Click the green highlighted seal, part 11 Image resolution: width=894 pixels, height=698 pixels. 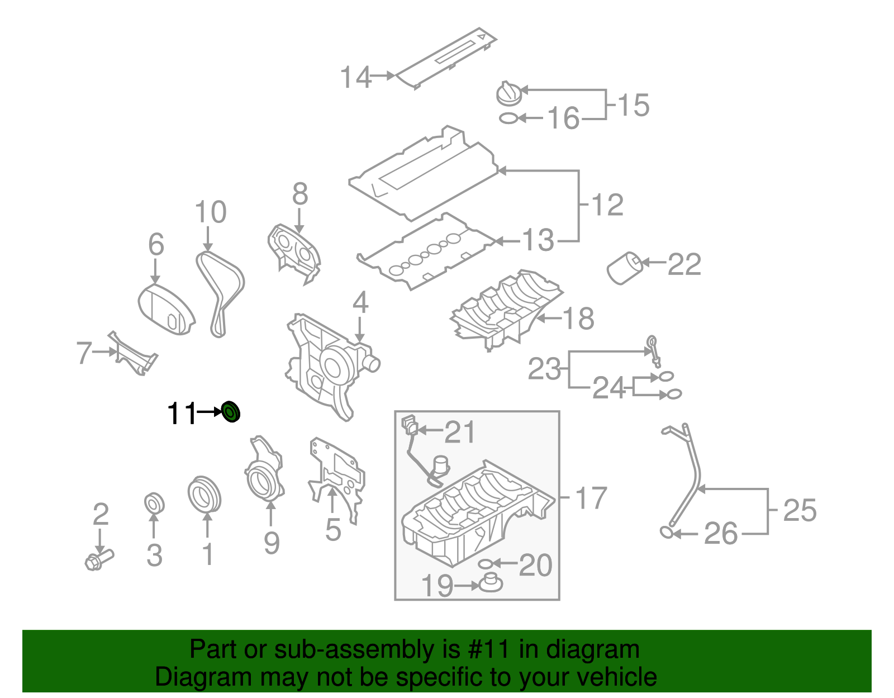pyautogui.click(x=231, y=412)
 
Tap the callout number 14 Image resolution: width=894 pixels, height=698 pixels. pyautogui.click(x=355, y=77)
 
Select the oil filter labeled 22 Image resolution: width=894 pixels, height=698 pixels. pyautogui.click(x=624, y=268)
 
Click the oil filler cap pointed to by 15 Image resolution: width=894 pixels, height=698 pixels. pyautogui.click(x=508, y=94)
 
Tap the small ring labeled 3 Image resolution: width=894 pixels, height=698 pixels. pyautogui.click(x=154, y=502)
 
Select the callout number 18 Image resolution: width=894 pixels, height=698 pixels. pyautogui.click(x=578, y=319)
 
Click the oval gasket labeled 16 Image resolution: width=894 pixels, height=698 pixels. pyautogui.click(x=508, y=118)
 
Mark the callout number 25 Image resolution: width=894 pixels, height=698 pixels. pyautogui.click(x=799, y=510)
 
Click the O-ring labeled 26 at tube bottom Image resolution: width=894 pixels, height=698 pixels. pyautogui.click(x=666, y=531)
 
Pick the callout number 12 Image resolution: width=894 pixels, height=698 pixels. pyautogui.click(x=607, y=205)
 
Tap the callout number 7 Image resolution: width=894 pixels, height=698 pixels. pyautogui.click(x=84, y=353)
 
